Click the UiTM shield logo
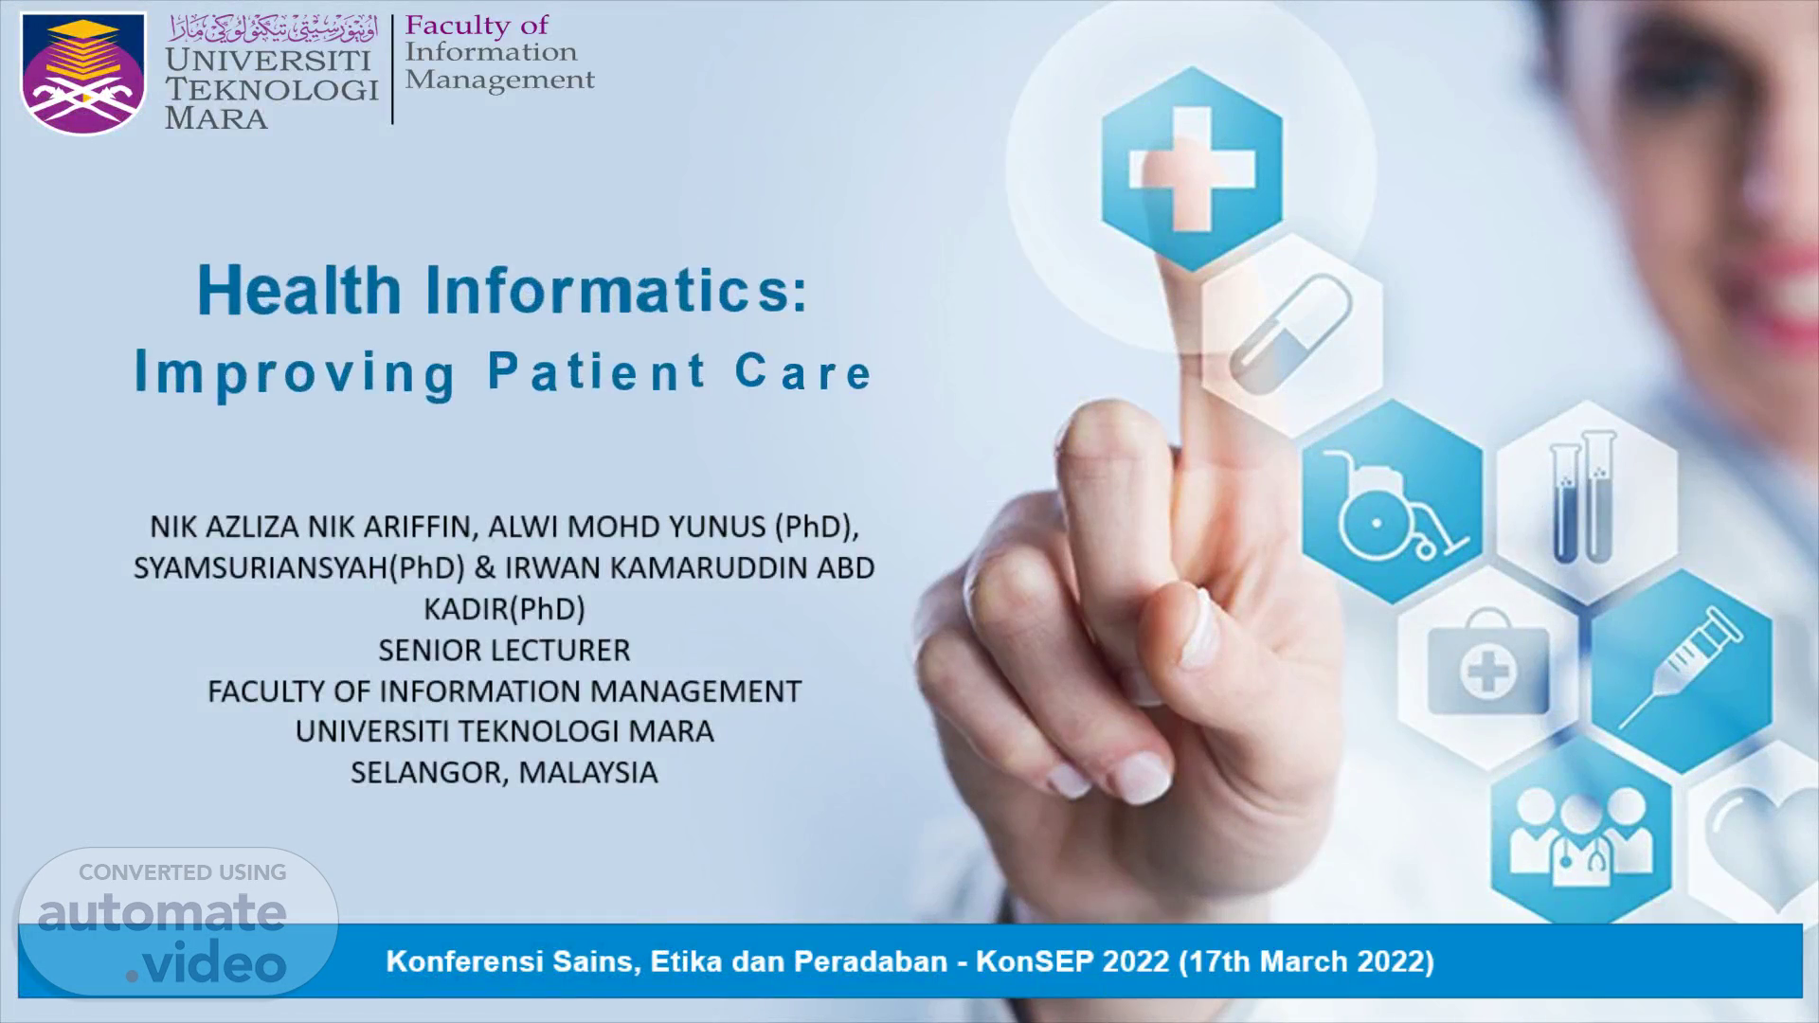pyautogui.click(x=83, y=73)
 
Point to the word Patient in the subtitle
pyautogui.click(x=597, y=371)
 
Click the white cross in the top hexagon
pyautogui.click(x=1192, y=169)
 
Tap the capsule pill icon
pyautogui.click(x=1290, y=332)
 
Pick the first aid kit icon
pyautogui.click(x=1487, y=662)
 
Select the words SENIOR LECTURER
pyautogui.click(x=504, y=650)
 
